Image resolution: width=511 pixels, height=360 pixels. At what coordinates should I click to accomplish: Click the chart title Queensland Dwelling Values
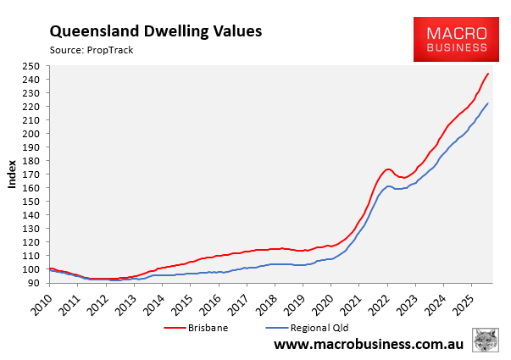[x=155, y=31]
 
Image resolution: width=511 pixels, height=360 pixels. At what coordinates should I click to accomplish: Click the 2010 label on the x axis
[x=49, y=300]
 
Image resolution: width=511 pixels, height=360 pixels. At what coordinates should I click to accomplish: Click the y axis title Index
[x=12, y=174]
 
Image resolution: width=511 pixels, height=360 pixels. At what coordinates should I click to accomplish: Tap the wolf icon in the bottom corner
[x=486, y=342]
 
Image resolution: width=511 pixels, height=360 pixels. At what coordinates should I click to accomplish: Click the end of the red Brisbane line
[x=487, y=74]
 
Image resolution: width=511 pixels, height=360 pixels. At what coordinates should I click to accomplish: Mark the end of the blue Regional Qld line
[x=487, y=103]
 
